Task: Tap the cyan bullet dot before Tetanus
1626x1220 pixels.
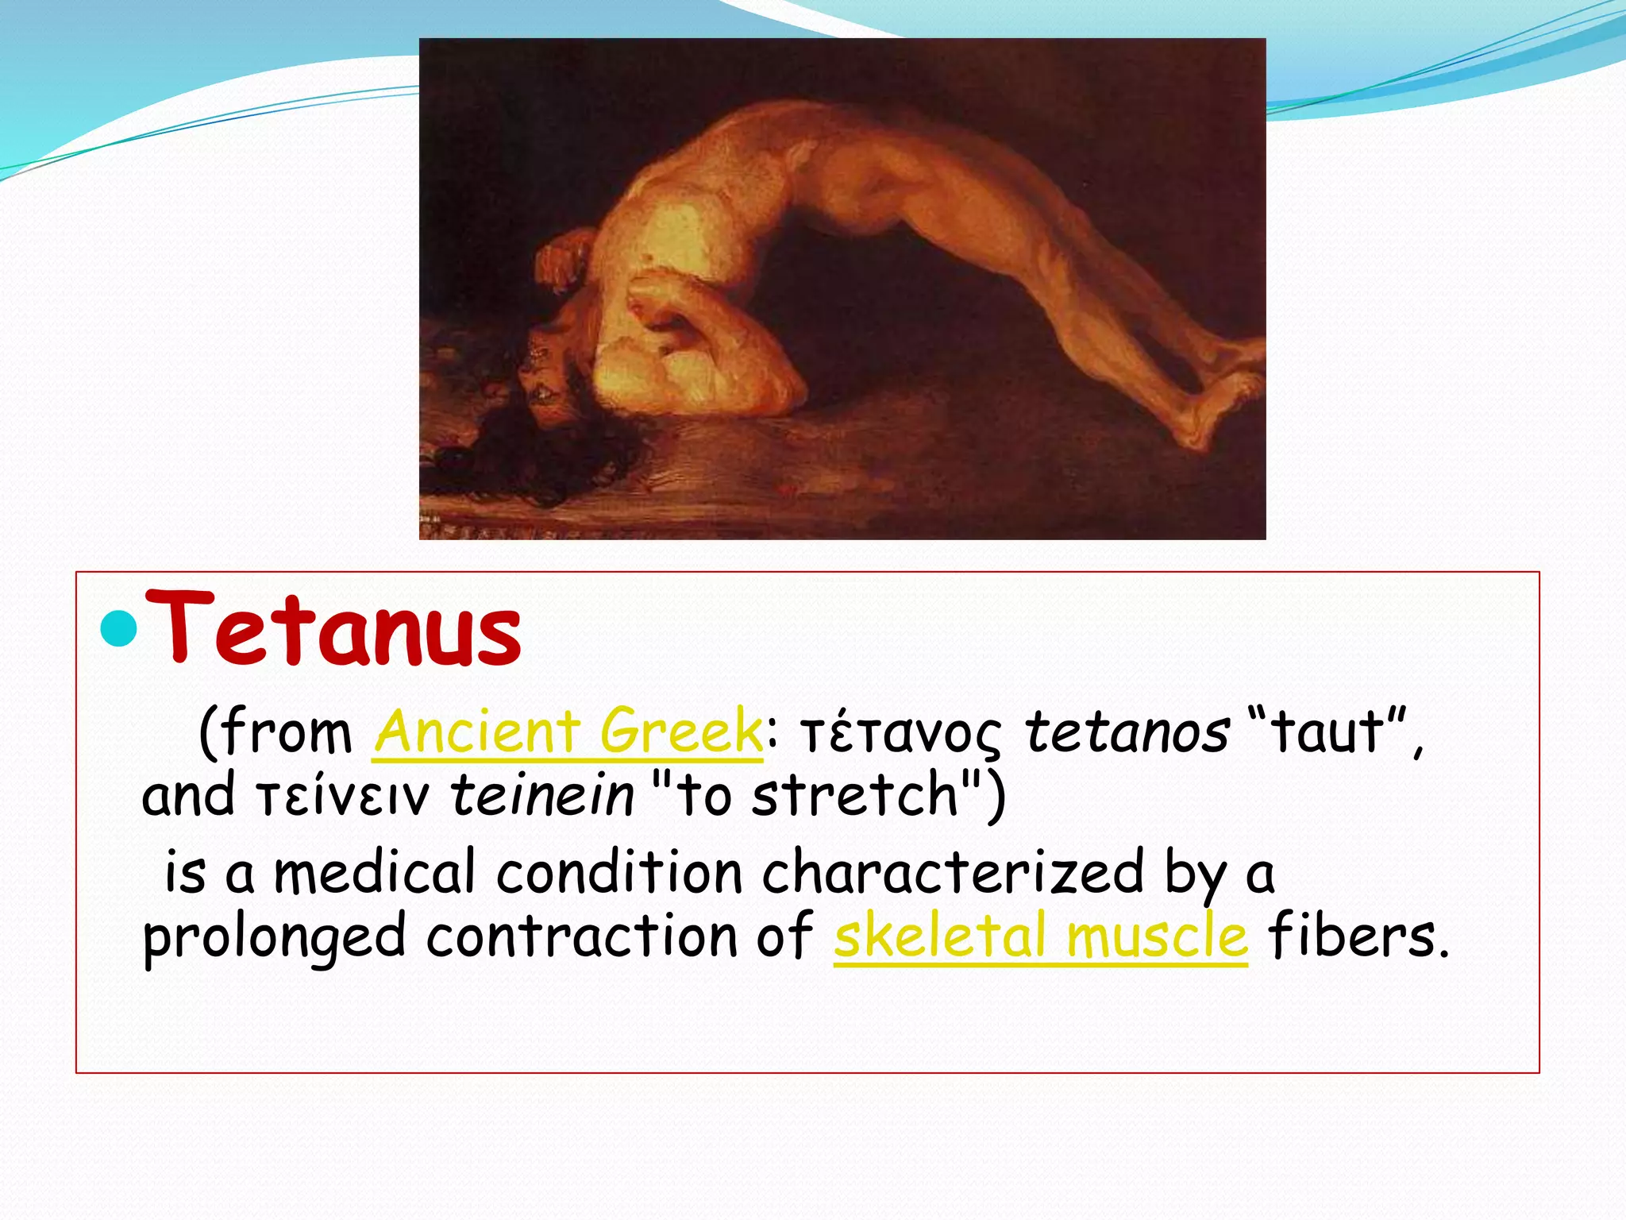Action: click(121, 629)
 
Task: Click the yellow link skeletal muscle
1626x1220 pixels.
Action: click(1040, 936)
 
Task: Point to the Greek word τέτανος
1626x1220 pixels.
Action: click(902, 734)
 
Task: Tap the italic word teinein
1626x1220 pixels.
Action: click(543, 795)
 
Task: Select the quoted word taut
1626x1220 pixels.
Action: click(1327, 732)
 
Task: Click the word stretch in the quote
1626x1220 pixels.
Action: click(856, 795)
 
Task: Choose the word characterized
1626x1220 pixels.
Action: click(953, 872)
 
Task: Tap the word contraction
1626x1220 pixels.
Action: click(582, 936)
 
